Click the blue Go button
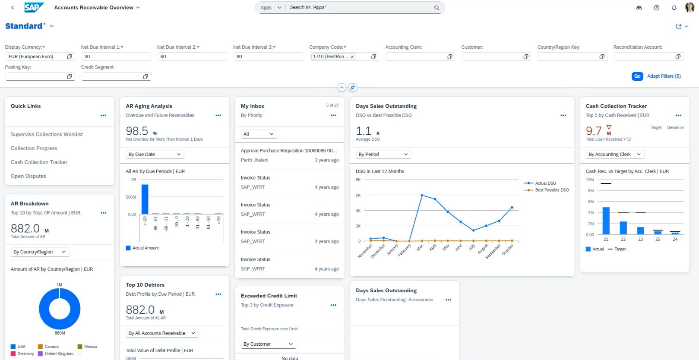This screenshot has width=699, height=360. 637,76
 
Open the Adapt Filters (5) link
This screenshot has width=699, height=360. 664,76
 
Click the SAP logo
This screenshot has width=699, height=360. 34,7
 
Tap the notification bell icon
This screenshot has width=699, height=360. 674,8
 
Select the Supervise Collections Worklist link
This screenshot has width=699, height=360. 47,134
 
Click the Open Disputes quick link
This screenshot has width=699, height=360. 28,176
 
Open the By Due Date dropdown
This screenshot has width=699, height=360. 155,155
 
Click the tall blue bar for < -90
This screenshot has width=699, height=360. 145,199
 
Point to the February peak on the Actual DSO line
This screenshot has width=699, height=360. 422,196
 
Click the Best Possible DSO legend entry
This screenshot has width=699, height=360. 551,190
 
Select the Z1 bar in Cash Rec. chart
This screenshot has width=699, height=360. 606,221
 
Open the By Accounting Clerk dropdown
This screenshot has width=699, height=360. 614,155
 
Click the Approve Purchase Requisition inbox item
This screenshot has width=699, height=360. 289,151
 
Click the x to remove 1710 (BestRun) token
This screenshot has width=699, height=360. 352,57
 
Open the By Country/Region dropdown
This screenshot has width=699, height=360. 39,252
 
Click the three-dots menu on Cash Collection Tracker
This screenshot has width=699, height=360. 678,115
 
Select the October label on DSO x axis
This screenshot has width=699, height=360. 508,249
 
